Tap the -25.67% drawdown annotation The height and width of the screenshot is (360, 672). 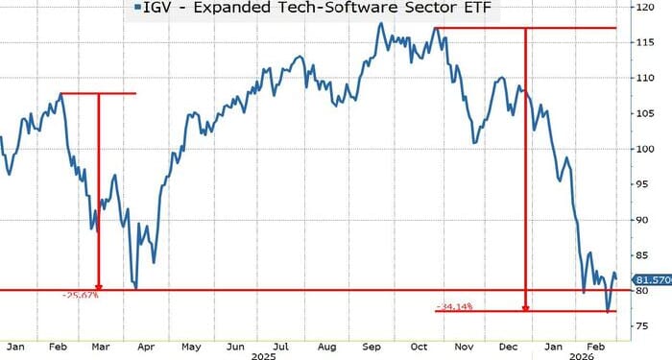(81, 296)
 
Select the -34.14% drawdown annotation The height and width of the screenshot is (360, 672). (458, 307)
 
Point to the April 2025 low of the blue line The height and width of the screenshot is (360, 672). (136, 287)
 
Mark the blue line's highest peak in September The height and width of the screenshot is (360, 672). (378, 21)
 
